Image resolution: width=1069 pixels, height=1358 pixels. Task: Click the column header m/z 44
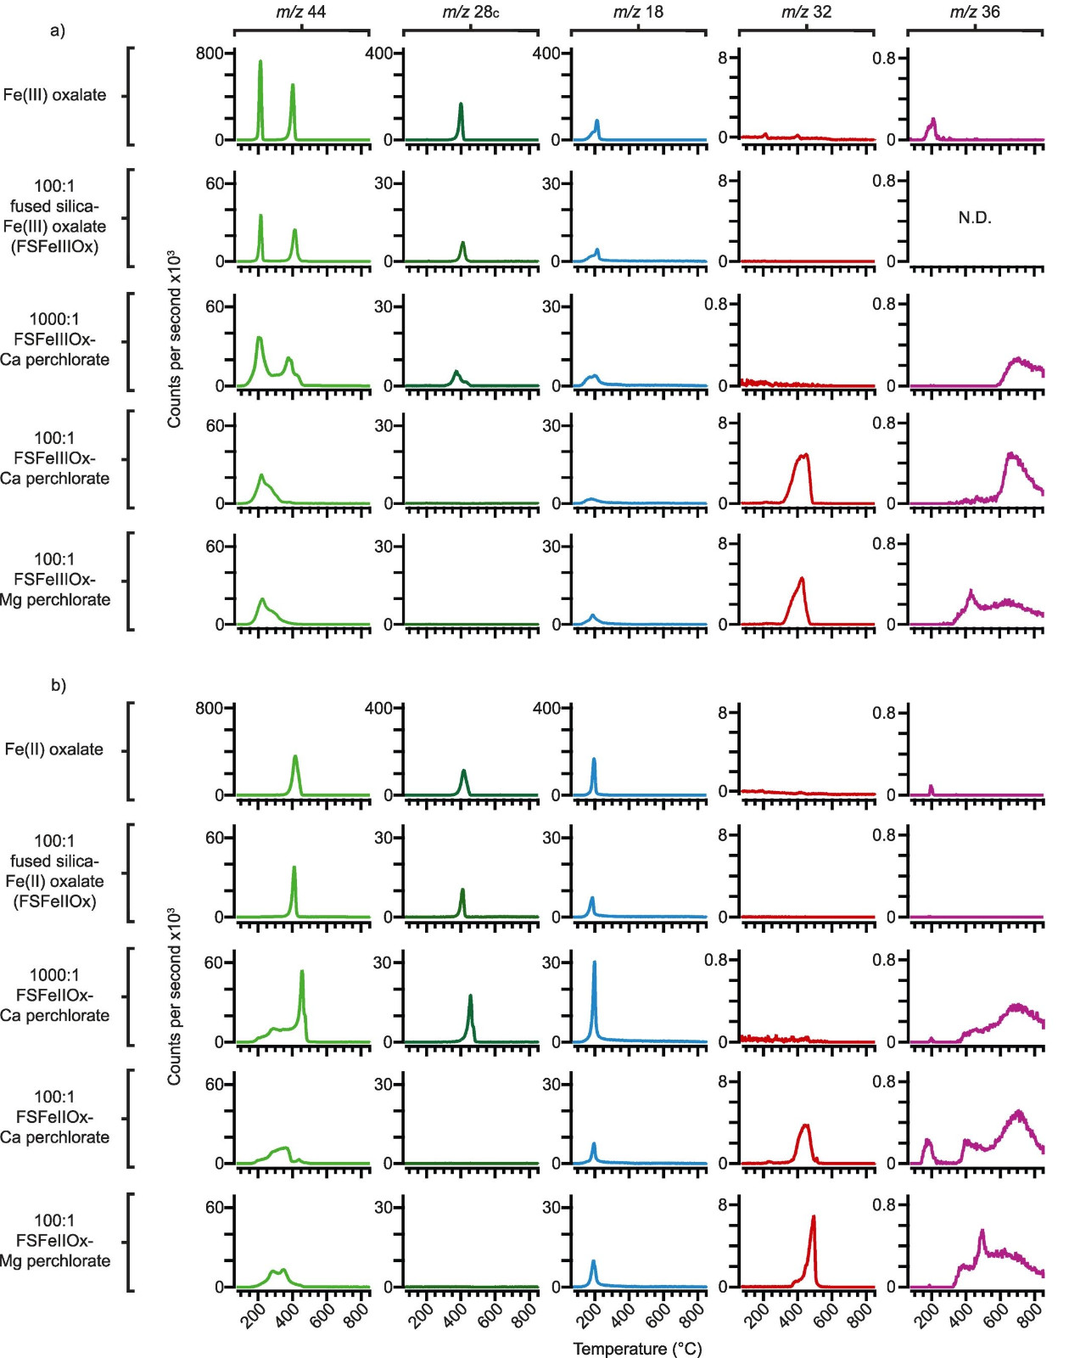coord(301,13)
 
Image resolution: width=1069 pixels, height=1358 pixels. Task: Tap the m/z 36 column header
coord(975,13)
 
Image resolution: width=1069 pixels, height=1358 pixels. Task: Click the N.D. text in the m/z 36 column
coord(975,218)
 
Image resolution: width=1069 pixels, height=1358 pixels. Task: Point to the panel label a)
coord(58,31)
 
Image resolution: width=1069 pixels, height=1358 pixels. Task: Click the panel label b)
coord(58,685)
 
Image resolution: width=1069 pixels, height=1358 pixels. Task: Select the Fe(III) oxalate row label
coord(55,95)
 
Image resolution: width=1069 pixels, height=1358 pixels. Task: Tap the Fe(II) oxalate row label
coord(54,749)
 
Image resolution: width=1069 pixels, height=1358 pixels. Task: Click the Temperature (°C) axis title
coord(637,1349)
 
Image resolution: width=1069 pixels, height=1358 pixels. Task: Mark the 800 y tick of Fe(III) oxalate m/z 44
coord(210,53)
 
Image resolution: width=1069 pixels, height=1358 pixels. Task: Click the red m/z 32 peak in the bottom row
coord(813,1219)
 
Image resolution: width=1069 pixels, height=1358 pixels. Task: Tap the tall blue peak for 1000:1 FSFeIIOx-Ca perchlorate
coord(594,964)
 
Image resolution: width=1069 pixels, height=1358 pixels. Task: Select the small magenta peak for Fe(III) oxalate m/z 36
coord(933,121)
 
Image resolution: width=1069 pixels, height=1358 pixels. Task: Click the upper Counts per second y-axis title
coord(174,339)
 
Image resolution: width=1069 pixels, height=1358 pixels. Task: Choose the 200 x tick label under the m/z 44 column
coord(251,1314)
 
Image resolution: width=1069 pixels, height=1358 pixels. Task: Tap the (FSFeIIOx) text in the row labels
coord(54,901)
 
